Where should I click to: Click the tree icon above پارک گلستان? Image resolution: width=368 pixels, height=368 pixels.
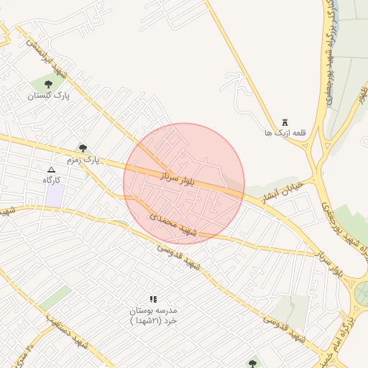[48, 85]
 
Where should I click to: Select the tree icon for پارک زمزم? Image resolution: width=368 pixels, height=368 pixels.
[83, 147]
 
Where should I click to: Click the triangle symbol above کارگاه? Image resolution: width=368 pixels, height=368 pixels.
[50, 169]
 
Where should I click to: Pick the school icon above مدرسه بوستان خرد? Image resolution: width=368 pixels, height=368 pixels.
[152, 298]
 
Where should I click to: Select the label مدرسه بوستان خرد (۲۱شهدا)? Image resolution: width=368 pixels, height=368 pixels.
[152, 316]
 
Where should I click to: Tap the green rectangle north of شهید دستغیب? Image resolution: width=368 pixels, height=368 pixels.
[55, 298]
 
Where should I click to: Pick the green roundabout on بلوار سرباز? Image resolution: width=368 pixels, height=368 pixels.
[361, 292]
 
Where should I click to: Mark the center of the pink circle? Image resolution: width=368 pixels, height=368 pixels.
[184, 183]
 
